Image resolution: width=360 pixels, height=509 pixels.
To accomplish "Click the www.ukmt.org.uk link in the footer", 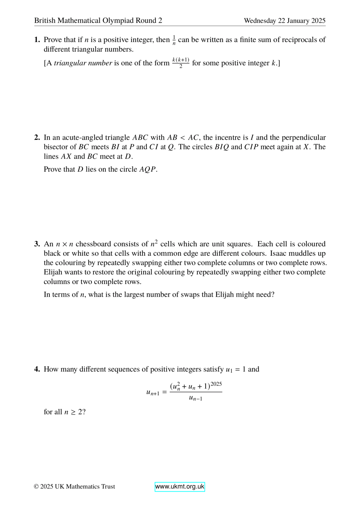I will [180, 487].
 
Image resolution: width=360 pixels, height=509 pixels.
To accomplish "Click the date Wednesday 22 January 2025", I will [284, 21].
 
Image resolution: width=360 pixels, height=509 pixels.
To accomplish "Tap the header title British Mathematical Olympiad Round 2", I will [98, 21].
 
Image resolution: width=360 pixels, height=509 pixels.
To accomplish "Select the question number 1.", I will [37, 40].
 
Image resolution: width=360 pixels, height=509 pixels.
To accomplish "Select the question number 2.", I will [37, 138].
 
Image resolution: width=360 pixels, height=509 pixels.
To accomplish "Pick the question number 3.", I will [37, 244].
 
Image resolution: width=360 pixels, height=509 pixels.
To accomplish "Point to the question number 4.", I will [37, 369].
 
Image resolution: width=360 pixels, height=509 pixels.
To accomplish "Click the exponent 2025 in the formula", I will [216, 384].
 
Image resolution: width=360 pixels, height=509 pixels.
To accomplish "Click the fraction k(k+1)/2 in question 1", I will [181, 63].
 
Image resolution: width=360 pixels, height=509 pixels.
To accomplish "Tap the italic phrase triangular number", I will [83, 63].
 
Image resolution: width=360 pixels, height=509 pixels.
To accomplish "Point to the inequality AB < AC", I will [183, 138].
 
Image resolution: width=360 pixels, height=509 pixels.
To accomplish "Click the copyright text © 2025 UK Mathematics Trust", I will [74, 487].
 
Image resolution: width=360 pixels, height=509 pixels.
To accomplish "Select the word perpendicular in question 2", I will [304, 138].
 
